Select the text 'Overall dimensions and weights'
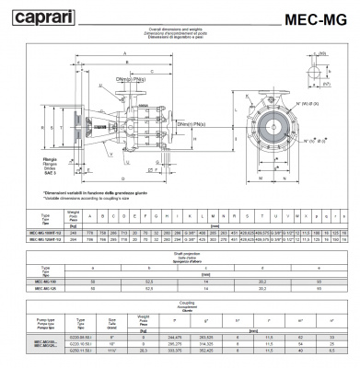coord(179,29)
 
